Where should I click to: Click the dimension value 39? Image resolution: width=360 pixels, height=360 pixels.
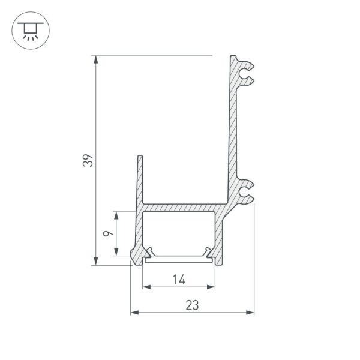88,161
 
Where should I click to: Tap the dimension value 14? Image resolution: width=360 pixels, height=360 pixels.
179,278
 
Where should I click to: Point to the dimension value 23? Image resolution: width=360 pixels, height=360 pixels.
192,305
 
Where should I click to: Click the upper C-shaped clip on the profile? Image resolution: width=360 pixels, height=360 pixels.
244,73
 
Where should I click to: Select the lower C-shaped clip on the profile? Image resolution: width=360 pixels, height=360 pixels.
244,191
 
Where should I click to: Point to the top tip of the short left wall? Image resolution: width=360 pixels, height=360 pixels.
140,157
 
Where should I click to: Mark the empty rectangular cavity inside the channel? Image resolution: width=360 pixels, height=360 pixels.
179,231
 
